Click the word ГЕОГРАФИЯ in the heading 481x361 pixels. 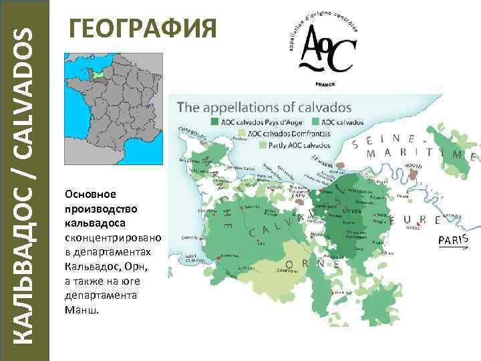[144, 29]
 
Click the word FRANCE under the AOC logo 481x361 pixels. [325, 85]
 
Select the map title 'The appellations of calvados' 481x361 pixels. [264, 107]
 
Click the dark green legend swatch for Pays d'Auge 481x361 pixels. [214, 122]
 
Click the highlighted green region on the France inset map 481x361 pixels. [98, 76]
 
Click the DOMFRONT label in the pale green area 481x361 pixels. [285, 270]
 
